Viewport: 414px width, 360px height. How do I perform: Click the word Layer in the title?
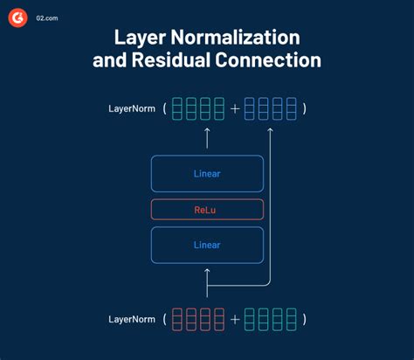141,38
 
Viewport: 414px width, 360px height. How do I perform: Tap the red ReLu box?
207,209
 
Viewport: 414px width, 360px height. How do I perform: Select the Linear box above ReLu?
207,173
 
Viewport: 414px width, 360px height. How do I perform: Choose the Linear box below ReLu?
207,245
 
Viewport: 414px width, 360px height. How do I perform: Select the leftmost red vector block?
177,320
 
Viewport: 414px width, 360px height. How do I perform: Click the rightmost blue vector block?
290,108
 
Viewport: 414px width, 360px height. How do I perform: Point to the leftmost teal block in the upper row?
177,108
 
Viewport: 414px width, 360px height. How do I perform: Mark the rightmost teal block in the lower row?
290,320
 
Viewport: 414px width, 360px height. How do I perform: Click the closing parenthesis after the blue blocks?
304,108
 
